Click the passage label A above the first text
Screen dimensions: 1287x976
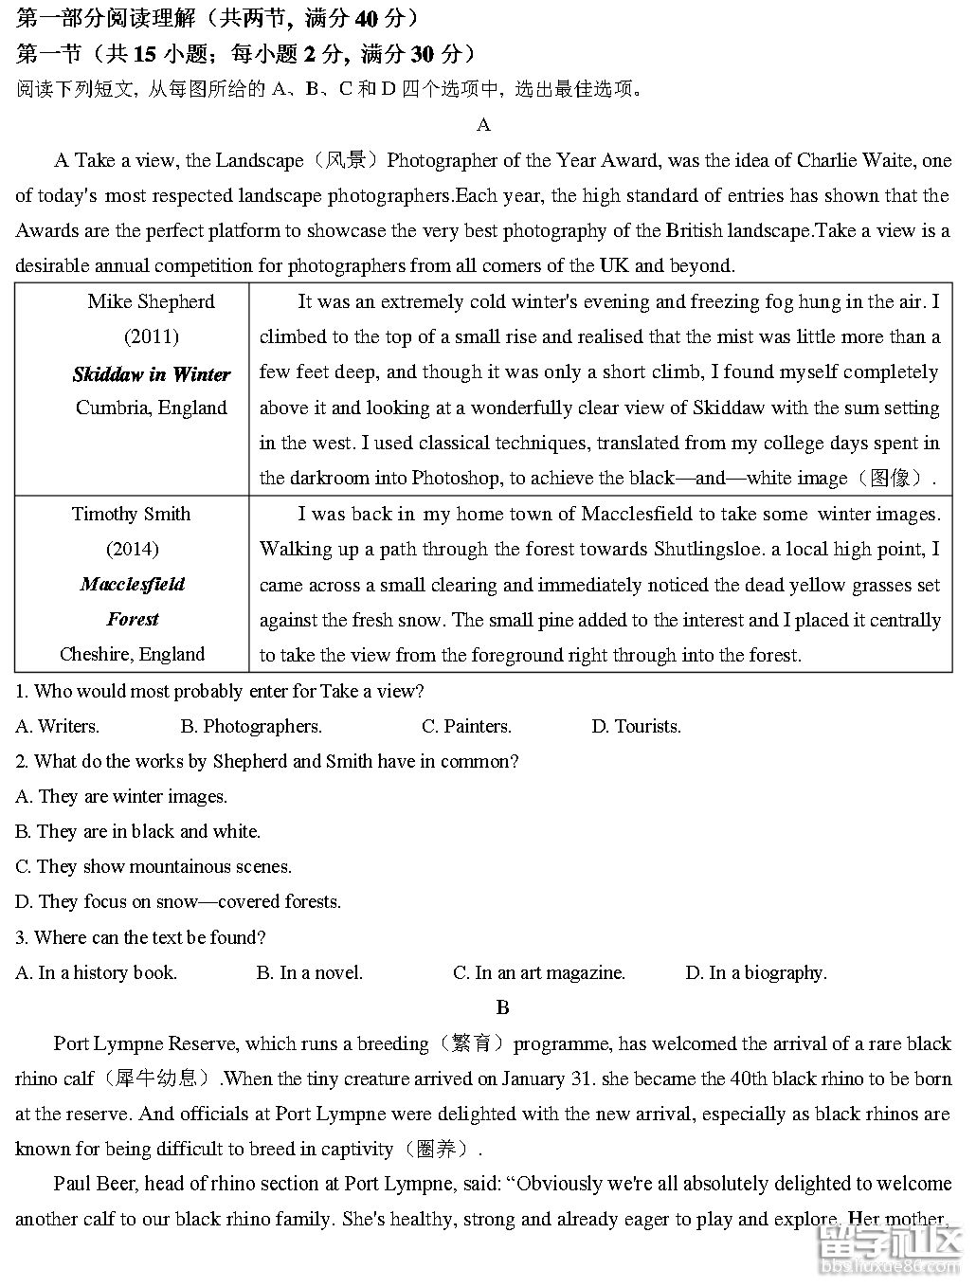(483, 125)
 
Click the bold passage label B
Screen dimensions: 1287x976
(502, 1007)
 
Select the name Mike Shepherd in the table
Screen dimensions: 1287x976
(152, 302)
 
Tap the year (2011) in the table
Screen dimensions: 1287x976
(152, 337)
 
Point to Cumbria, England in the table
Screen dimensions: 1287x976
(152, 408)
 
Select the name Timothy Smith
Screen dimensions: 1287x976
(132, 515)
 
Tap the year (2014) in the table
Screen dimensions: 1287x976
(132, 550)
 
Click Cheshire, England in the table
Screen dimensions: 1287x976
(132, 655)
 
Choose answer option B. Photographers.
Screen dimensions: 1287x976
(251, 727)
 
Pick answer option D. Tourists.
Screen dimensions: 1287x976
(636, 727)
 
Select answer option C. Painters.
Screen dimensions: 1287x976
(466, 727)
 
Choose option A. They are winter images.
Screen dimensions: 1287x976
(121, 797)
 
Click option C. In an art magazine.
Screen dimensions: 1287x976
(538, 973)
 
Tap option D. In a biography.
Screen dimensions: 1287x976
(755, 973)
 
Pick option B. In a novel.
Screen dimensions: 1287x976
(309, 973)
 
